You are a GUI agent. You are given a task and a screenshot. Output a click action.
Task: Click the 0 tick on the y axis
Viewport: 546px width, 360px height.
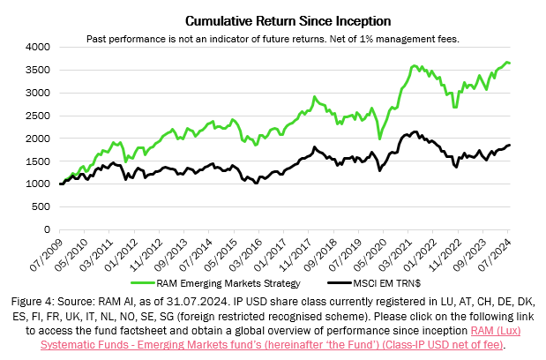(x=46, y=230)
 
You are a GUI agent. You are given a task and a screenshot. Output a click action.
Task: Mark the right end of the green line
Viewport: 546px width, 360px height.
(x=510, y=64)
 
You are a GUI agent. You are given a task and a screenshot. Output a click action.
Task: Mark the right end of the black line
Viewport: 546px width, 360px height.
(x=510, y=146)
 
